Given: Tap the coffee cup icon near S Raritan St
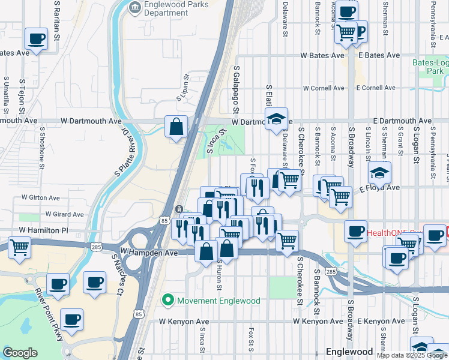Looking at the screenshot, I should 36,39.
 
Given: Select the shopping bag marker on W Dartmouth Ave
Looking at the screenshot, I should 176,127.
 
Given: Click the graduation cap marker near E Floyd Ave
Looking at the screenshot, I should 379,173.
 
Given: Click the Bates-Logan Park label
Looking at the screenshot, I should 430,66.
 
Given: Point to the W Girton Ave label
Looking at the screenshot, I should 41,197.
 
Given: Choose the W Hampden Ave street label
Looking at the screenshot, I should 149,253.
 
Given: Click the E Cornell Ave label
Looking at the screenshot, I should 375,88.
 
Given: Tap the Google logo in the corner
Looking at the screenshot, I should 20,353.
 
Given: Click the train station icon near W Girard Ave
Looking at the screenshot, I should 179,208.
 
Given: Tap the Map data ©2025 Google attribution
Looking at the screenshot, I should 412,355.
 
